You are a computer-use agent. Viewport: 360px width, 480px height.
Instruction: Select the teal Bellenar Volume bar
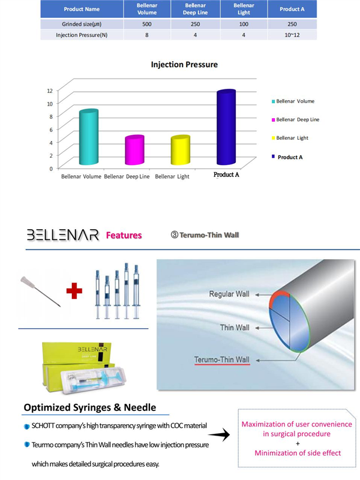[88, 138]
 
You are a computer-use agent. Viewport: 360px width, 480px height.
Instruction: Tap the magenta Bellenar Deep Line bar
[134, 151]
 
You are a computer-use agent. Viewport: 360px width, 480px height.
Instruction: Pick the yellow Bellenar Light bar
[180, 151]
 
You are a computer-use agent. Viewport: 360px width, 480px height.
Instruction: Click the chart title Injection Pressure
[184, 64]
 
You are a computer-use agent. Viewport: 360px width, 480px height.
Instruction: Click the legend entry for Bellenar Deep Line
[298, 119]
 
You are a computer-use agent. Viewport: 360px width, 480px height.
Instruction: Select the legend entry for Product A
[289, 157]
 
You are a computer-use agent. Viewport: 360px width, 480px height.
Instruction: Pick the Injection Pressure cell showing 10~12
[293, 35]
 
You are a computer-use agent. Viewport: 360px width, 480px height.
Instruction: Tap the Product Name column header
[82, 10]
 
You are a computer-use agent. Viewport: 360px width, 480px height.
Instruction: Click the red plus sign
[74, 291]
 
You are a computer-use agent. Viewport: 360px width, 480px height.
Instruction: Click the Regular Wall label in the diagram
[229, 295]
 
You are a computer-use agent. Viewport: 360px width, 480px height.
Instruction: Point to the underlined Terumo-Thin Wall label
[221, 360]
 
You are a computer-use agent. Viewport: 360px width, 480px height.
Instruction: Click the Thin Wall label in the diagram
[234, 328]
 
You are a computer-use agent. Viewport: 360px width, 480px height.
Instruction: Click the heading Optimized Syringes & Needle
[90, 407]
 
